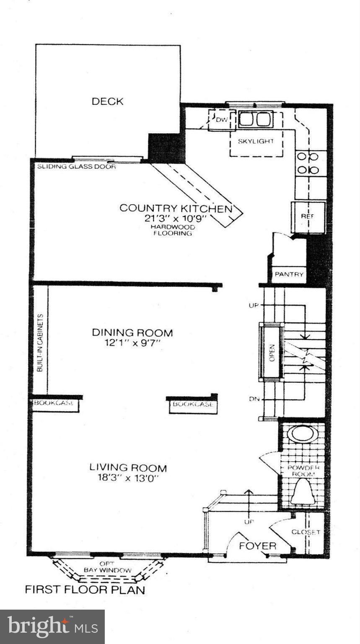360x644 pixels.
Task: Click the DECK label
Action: tap(107, 101)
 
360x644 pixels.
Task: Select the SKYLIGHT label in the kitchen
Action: tap(256, 141)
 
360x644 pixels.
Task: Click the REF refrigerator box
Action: tap(308, 217)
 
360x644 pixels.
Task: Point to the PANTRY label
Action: tap(289, 275)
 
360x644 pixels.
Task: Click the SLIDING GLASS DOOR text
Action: tap(76, 166)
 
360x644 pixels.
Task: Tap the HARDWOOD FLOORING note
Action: tap(172, 230)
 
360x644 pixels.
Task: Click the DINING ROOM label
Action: tap(132, 333)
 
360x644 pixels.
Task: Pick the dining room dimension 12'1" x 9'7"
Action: tap(132, 343)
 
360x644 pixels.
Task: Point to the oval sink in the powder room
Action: tap(303, 434)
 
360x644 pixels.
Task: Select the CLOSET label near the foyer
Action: tap(306, 532)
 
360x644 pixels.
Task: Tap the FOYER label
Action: tap(257, 546)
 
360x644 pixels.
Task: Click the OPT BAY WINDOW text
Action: tap(107, 567)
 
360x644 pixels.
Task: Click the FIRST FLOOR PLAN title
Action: tap(85, 589)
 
